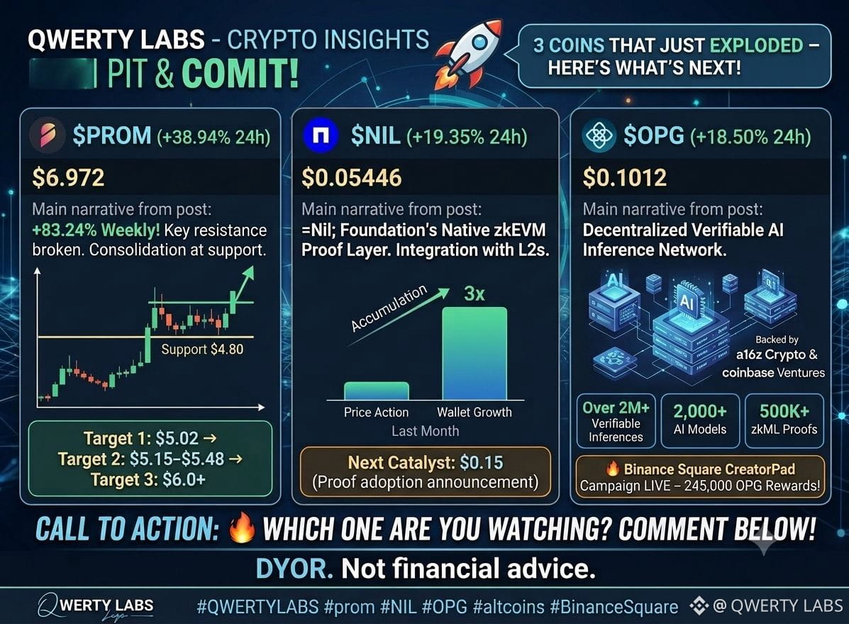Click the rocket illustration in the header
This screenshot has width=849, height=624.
(469, 53)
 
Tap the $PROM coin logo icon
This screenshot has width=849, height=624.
(47, 135)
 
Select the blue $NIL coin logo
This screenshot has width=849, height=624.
(321, 135)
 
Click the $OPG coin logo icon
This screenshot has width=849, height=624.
(599, 135)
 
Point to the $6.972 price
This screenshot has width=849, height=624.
(68, 177)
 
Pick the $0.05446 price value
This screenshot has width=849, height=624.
(351, 177)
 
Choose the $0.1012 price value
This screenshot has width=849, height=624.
(624, 177)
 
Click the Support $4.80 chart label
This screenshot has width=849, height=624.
(202, 349)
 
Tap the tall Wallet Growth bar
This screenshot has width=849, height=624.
(475, 353)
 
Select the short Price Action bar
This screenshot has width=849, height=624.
(377, 391)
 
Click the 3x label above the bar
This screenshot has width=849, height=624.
(475, 294)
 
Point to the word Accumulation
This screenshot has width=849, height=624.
(389, 308)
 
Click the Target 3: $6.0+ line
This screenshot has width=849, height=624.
(148, 479)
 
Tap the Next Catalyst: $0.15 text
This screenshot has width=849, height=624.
(425, 462)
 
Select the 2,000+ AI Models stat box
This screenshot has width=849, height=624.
(700, 420)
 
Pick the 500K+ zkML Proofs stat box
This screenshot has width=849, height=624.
(784, 420)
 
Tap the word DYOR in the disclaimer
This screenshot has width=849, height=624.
(294, 568)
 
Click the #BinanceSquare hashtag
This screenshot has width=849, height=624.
(614, 607)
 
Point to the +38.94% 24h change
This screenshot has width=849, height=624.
(213, 137)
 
